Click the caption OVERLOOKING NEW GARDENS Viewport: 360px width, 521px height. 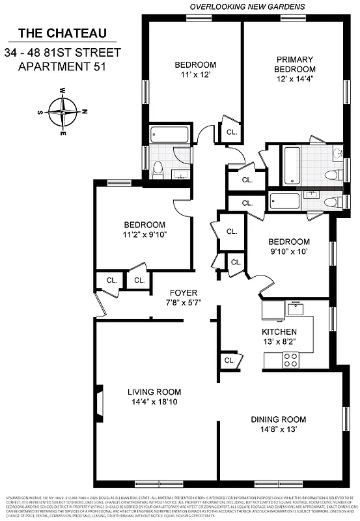[247, 7]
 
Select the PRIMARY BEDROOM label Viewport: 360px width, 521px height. [294, 64]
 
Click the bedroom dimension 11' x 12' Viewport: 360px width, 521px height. [195, 76]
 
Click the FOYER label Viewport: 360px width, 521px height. [184, 293]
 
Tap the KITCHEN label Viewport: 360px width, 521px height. [279, 331]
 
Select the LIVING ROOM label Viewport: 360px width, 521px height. [154, 391]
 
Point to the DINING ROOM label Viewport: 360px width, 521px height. [278, 419]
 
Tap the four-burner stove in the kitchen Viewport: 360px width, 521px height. [290, 359]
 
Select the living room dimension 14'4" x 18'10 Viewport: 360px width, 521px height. [154, 402]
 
